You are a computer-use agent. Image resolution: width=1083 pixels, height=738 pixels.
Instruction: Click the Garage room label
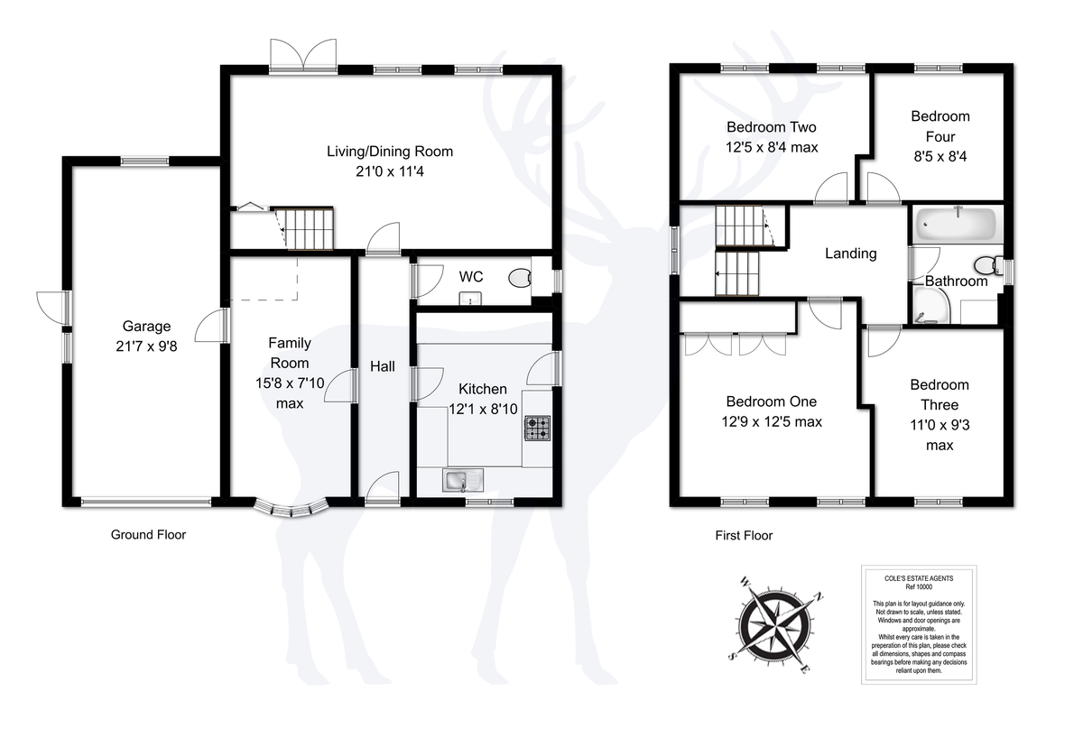pos(146,327)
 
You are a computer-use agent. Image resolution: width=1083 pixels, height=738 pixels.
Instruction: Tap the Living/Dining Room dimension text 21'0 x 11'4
pos(390,171)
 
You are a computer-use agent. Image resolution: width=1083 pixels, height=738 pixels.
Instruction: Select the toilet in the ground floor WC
pos(520,279)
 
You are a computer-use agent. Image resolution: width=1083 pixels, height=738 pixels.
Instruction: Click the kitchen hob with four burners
pos(538,429)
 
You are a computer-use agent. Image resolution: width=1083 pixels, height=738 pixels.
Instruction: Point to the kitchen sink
pos(463,480)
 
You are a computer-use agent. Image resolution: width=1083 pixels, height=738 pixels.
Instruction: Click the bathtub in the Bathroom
pos(958,225)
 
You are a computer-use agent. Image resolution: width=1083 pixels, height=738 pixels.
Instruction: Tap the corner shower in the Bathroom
pos(931,306)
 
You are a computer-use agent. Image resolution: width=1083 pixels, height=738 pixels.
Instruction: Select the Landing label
pos(850,254)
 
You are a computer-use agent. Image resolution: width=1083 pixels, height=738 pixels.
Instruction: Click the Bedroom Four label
pos(940,126)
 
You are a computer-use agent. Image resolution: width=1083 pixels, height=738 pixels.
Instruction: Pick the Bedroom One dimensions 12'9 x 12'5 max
pos(772,422)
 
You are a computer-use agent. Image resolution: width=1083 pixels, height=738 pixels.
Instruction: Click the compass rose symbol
pos(775,625)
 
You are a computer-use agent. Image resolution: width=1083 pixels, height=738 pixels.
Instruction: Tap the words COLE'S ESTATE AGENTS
pos(919,578)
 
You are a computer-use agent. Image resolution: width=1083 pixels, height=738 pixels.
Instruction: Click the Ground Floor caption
pos(148,534)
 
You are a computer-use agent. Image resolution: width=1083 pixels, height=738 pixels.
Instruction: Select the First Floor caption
pos(744,536)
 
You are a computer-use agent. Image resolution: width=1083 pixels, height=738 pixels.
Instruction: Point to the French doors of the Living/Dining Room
pos(303,56)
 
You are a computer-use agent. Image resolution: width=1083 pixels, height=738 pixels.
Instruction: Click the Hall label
pos(383,366)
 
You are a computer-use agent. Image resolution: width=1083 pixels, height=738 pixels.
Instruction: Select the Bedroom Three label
pos(940,395)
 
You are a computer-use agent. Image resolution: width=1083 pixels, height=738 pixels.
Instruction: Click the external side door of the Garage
pos(52,308)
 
